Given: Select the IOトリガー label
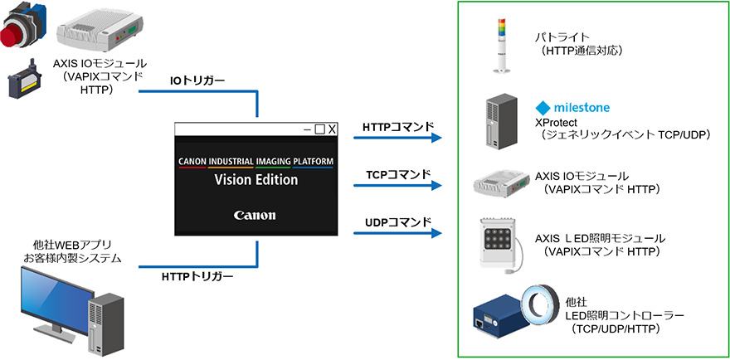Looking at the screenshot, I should click(x=198, y=81).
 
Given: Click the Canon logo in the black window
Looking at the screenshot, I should click(x=255, y=215).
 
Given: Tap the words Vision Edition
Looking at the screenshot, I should click(x=255, y=179).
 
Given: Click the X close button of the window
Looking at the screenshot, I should click(x=331, y=129).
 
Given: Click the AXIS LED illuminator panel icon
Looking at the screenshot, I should click(x=499, y=241).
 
